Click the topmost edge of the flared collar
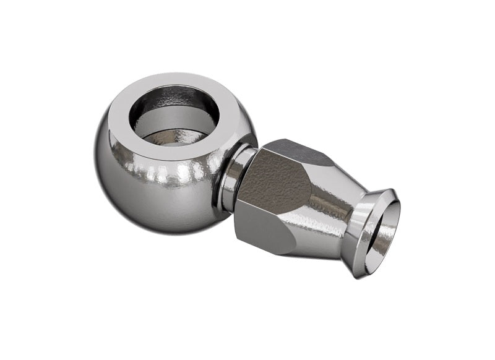(387, 189)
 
